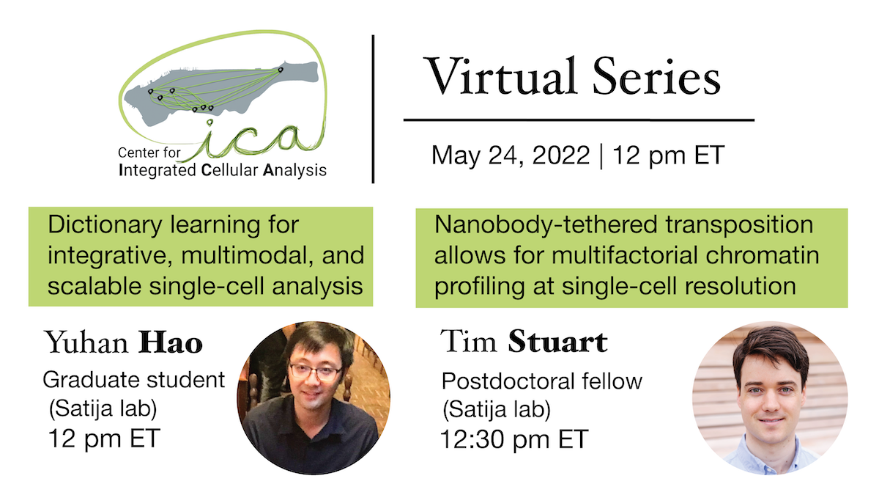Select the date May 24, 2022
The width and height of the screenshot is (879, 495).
[510, 155]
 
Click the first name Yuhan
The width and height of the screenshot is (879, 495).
[86, 342]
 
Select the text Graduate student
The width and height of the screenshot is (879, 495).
[133, 380]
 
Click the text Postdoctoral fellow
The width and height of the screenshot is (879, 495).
[541, 381]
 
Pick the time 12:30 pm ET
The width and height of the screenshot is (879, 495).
[513, 439]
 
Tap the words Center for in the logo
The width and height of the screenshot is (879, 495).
[147, 155]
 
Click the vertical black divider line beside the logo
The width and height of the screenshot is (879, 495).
[374, 109]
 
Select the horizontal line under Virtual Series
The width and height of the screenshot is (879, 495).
[579, 119]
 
